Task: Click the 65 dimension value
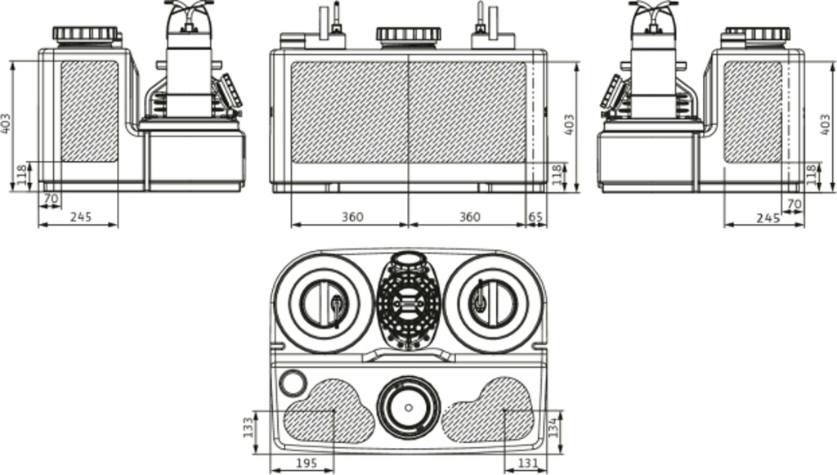click(536, 217)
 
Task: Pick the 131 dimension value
click(528, 464)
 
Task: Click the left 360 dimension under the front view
click(351, 217)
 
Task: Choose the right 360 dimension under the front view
click(468, 217)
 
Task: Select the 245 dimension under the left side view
click(79, 217)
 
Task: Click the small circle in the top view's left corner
click(293, 381)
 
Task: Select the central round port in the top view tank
click(408, 407)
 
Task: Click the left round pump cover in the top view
click(325, 302)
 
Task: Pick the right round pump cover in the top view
click(493, 302)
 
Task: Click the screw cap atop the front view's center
click(408, 35)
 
